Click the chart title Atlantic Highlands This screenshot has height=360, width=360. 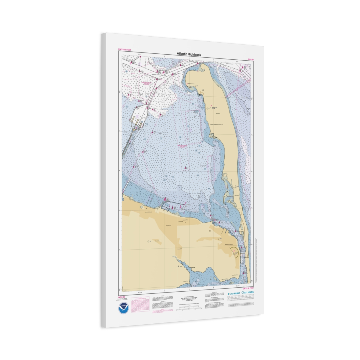(189, 55)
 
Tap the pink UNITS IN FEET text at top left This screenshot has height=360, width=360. (124, 49)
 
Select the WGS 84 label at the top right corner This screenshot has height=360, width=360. (250, 60)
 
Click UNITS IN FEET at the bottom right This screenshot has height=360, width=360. (248, 288)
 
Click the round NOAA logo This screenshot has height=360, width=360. (124, 308)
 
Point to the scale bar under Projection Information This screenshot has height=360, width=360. (189, 306)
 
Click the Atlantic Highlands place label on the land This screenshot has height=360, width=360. (148, 212)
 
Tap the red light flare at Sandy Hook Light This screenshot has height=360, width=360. (211, 106)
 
